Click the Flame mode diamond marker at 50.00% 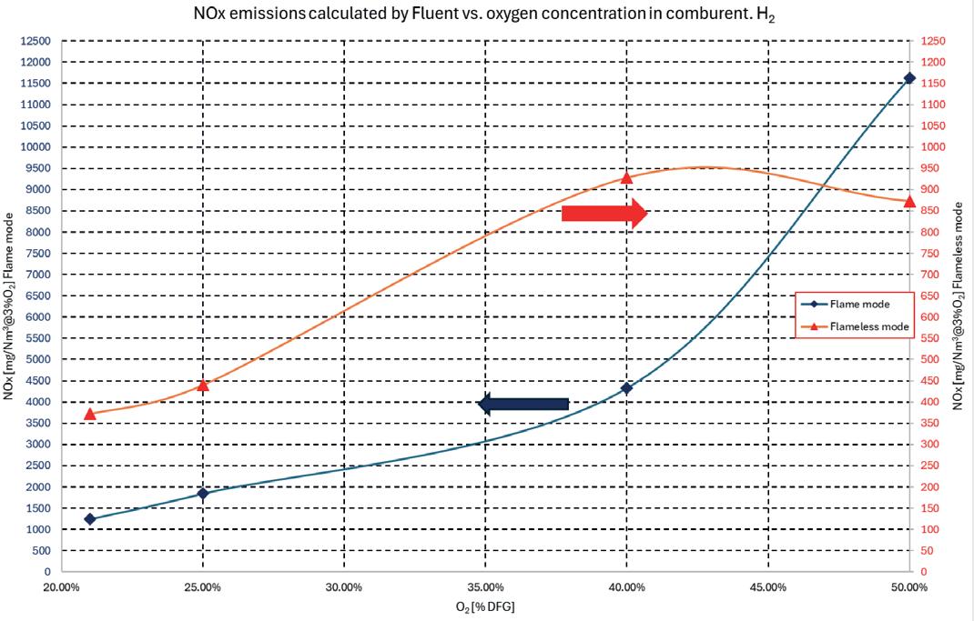pyautogui.click(x=909, y=78)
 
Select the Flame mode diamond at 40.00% pyautogui.click(x=627, y=388)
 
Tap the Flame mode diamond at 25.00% pyautogui.click(x=202, y=494)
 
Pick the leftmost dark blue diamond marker pyautogui.click(x=89, y=519)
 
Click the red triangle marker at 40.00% pyautogui.click(x=627, y=178)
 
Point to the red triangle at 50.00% pyautogui.click(x=909, y=201)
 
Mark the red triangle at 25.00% pyautogui.click(x=202, y=386)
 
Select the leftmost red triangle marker pyautogui.click(x=89, y=414)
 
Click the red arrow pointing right pyautogui.click(x=604, y=214)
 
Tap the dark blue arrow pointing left pyautogui.click(x=523, y=405)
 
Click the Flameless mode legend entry pyautogui.click(x=855, y=326)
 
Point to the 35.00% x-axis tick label pyautogui.click(x=485, y=587)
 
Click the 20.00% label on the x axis pyautogui.click(x=62, y=587)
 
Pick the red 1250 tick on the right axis pyautogui.click(x=933, y=41)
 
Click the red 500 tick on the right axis pyautogui.click(x=930, y=359)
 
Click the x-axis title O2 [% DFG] pyautogui.click(x=485, y=606)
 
